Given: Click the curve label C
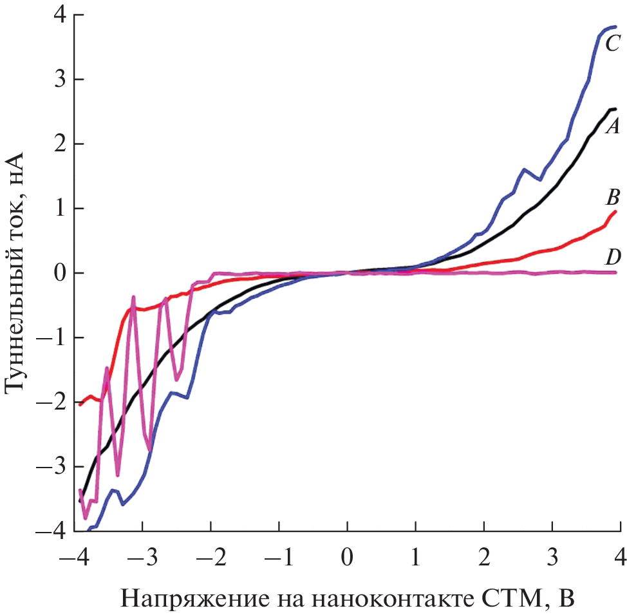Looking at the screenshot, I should point(612,44).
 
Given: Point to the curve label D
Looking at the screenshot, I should point(612,258).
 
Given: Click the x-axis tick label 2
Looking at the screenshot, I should point(483,555).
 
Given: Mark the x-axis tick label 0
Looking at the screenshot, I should point(347,555).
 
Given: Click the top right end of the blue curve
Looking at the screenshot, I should point(615,27).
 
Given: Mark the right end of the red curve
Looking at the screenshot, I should point(615,211).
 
